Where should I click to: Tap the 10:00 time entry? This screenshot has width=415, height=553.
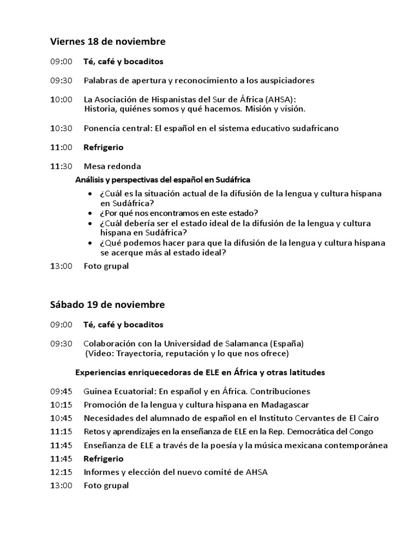click(x=61, y=99)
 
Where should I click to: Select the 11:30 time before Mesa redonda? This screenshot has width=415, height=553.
click(x=61, y=166)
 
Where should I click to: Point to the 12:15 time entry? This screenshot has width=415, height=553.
click(x=61, y=472)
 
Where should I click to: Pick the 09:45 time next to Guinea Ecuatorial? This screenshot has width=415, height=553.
click(x=61, y=391)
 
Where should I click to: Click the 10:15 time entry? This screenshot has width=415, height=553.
click(x=61, y=404)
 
